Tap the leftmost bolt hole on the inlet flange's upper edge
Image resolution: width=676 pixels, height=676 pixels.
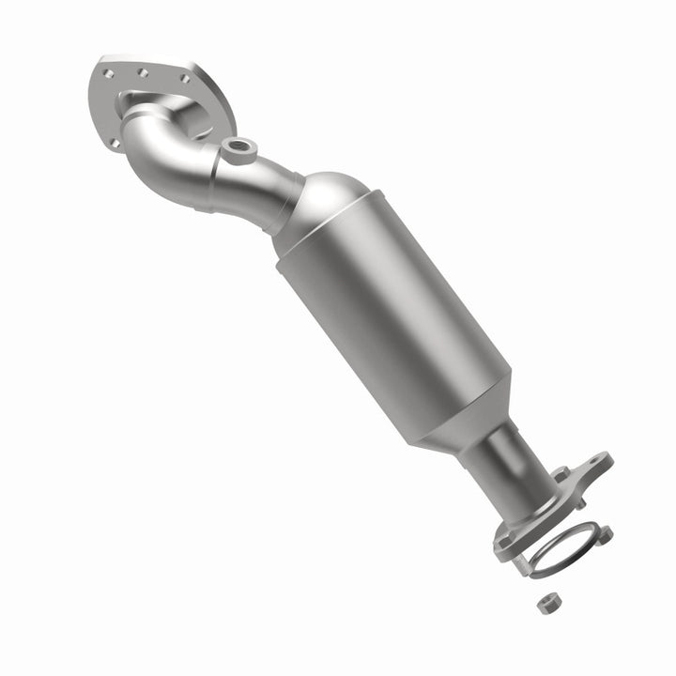coord(109,72)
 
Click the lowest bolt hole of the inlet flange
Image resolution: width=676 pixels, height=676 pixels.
coord(114,143)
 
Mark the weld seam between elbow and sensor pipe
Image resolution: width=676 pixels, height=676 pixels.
coord(213,176)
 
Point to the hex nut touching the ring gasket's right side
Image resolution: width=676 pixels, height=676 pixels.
coord(606,536)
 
